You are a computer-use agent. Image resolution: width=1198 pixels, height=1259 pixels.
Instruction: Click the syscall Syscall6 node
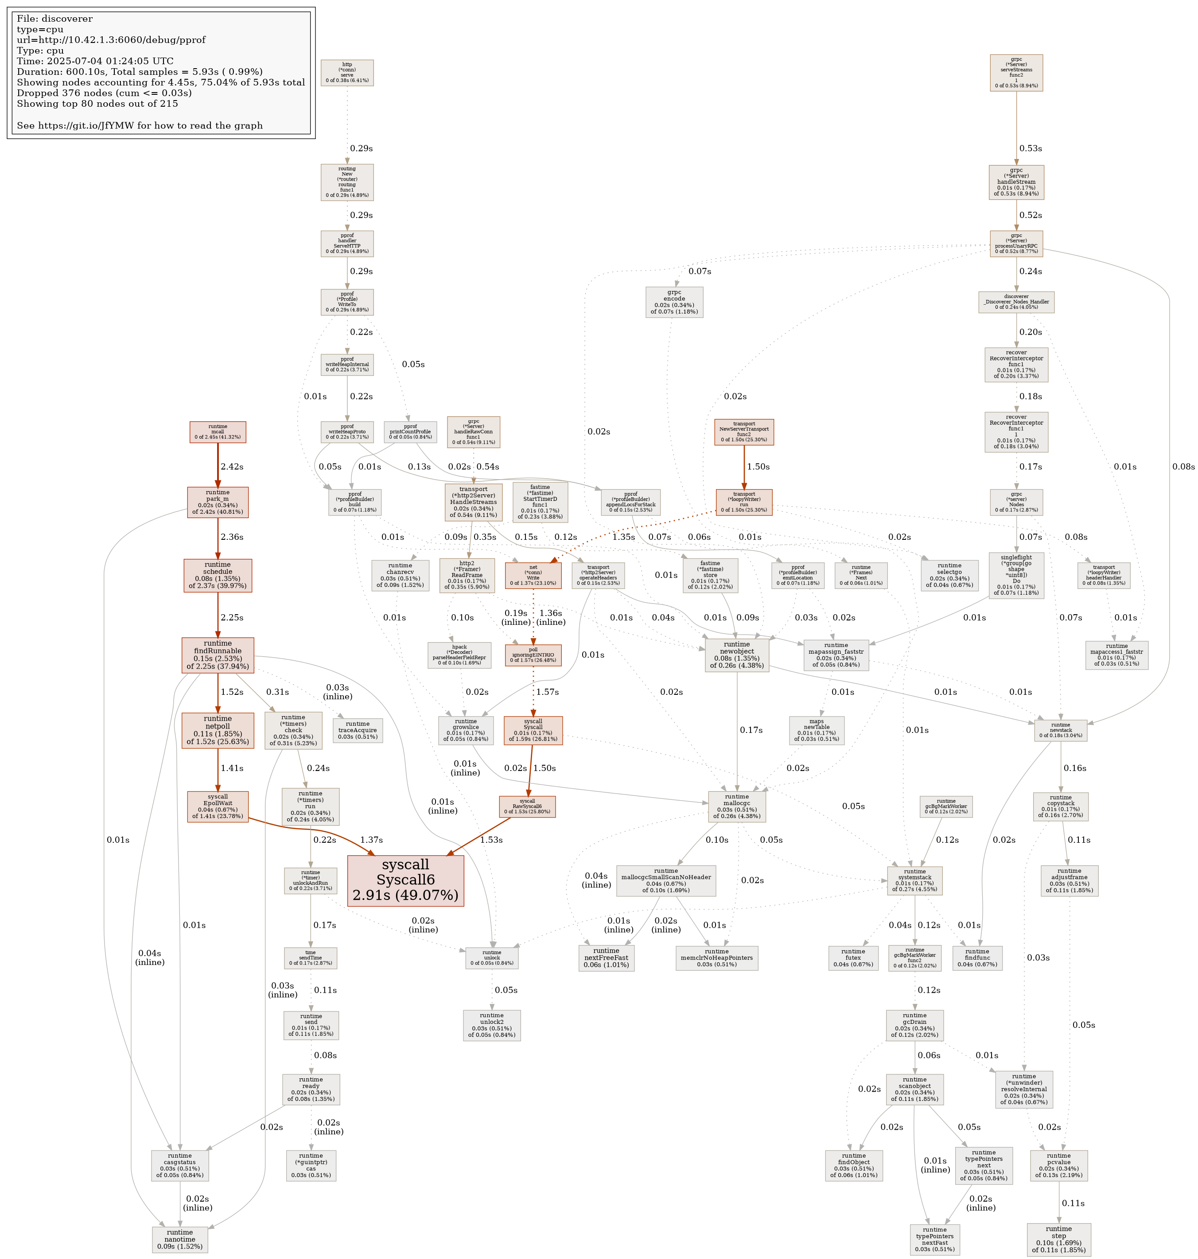click(x=405, y=880)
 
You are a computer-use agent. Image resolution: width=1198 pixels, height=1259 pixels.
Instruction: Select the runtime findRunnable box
click(x=218, y=655)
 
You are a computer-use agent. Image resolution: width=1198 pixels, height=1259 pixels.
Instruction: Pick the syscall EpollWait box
click(x=218, y=806)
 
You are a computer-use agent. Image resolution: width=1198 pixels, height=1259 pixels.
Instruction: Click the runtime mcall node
click(x=218, y=432)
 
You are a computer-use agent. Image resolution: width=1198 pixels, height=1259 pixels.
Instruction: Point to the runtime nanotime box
click(x=179, y=1239)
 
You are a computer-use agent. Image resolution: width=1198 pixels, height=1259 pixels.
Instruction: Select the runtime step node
click(x=1059, y=1239)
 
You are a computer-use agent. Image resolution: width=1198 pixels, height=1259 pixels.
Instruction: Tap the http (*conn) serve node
click(x=347, y=73)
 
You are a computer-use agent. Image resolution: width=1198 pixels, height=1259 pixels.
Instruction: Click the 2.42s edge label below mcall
click(x=232, y=467)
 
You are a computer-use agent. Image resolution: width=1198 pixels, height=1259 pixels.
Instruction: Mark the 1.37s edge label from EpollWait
click(x=372, y=840)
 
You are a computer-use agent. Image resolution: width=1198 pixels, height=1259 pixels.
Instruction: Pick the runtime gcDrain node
click(x=914, y=1025)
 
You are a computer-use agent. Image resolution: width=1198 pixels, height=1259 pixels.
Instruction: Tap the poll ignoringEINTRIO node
click(x=533, y=655)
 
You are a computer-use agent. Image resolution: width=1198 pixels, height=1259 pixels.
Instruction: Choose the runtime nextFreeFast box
click(x=606, y=958)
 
